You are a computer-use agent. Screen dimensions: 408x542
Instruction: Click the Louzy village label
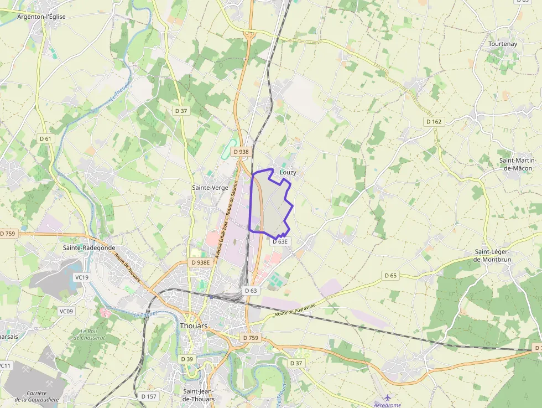point(288,172)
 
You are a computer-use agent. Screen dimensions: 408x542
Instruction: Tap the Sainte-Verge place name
point(210,188)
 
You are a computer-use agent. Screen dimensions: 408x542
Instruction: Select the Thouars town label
point(194,326)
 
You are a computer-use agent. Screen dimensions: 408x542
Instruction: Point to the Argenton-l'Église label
point(41,17)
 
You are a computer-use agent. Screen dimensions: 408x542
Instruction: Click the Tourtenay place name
point(502,43)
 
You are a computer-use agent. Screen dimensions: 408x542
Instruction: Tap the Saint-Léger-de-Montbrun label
point(493,255)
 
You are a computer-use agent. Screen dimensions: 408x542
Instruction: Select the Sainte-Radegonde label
point(89,247)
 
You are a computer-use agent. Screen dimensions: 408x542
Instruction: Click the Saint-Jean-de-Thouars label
point(199,395)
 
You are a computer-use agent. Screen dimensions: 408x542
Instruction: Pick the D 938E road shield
point(200,262)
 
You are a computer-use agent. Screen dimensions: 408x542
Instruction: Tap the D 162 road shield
point(434,121)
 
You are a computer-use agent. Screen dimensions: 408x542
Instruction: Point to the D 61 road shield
point(45,138)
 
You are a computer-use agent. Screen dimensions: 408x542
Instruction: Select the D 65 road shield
point(390,275)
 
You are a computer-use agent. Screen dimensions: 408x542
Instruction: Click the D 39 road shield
point(187,359)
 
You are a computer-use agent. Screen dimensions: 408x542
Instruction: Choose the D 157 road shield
point(149,396)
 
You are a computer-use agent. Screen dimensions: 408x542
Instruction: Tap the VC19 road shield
point(81,277)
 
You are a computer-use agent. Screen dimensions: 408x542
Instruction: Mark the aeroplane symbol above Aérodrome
point(387,397)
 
